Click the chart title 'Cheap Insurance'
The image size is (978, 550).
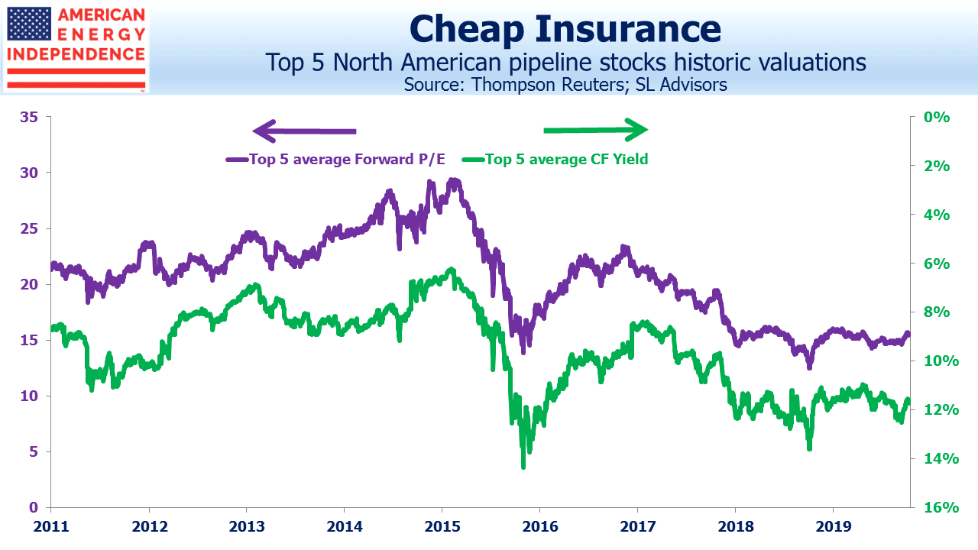(x=565, y=29)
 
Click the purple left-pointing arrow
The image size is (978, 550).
(x=304, y=131)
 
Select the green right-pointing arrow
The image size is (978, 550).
(x=595, y=130)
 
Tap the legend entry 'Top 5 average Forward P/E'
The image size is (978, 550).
(x=335, y=160)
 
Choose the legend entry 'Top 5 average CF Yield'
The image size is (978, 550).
(x=555, y=160)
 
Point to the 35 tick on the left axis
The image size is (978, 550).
(x=29, y=117)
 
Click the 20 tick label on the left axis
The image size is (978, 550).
(x=29, y=284)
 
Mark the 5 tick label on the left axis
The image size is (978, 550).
(x=34, y=451)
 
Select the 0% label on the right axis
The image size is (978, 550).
(x=937, y=117)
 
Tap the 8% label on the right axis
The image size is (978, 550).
(x=937, y=312)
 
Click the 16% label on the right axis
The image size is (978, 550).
(x=941, y=507)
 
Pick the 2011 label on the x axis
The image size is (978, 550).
(x=51, y=526)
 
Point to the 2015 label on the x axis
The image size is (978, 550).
(x=442, y=526)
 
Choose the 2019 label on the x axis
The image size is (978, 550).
(x=834, y=526)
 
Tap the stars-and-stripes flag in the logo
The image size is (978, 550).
(x=29, y=24)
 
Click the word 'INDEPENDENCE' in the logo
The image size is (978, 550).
(x=76, y=54)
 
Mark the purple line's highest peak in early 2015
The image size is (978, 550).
(x=454, y=180)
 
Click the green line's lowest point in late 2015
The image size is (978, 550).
(x=523, y=467)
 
